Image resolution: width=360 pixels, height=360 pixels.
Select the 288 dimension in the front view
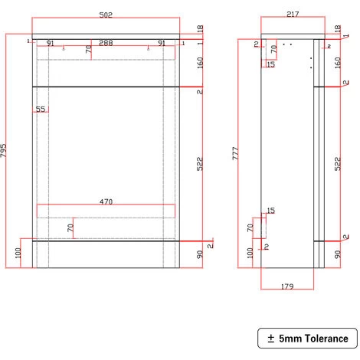tap(106, 44)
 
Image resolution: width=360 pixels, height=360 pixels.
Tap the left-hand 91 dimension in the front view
tap(50, 44)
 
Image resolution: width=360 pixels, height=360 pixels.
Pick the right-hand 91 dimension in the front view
tap(162, 44)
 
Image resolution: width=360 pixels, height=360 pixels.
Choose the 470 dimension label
tap(106, 202)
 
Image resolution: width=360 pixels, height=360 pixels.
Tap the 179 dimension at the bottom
tap(286, 286)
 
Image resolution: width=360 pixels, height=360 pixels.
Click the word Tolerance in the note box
tap(322, 338)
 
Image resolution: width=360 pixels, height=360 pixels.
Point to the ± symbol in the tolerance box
tap(271, 338)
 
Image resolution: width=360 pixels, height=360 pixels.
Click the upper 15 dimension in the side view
tap(271, 64)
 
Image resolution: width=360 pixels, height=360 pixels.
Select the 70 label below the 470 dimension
tap(70, 227)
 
